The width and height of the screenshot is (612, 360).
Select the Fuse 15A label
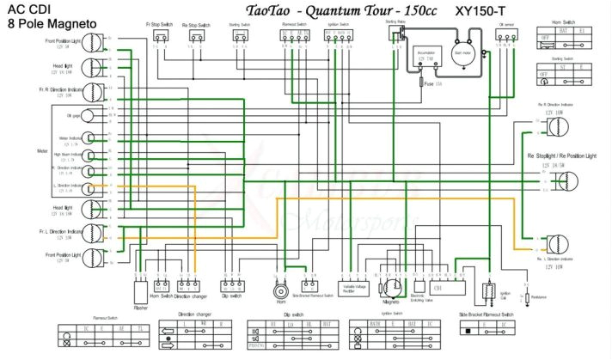433,83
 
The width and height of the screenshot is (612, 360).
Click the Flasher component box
141,290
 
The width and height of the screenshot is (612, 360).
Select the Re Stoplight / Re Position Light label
560,156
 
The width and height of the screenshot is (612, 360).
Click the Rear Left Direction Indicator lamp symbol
560,242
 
